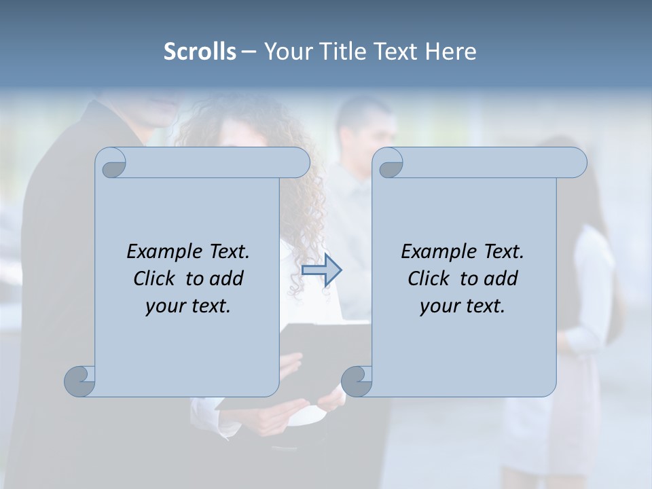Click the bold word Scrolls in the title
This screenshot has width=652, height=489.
pos(200,52)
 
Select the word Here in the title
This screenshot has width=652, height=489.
pos(451,52)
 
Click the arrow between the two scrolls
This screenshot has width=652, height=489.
pos(321,270)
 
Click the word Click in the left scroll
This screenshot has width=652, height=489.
pos(157,278)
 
